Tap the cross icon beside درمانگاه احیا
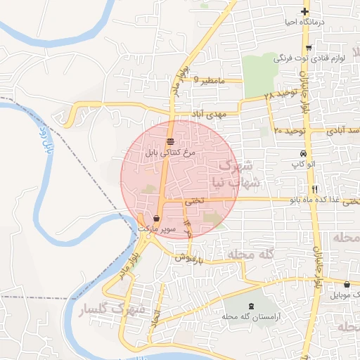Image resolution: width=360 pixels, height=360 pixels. (x=304, y=11)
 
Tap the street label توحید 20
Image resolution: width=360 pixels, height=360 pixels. (x=288, y=131)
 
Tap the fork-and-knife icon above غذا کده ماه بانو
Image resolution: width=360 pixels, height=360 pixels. (x=314, y=189)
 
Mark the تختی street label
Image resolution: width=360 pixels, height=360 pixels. (x=194, y=200)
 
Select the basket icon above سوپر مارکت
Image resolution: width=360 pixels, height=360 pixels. (x=156, y=218)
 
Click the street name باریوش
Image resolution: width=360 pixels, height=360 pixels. (x=190, y=258)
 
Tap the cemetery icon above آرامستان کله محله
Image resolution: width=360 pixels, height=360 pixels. (x=252, y=306)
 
